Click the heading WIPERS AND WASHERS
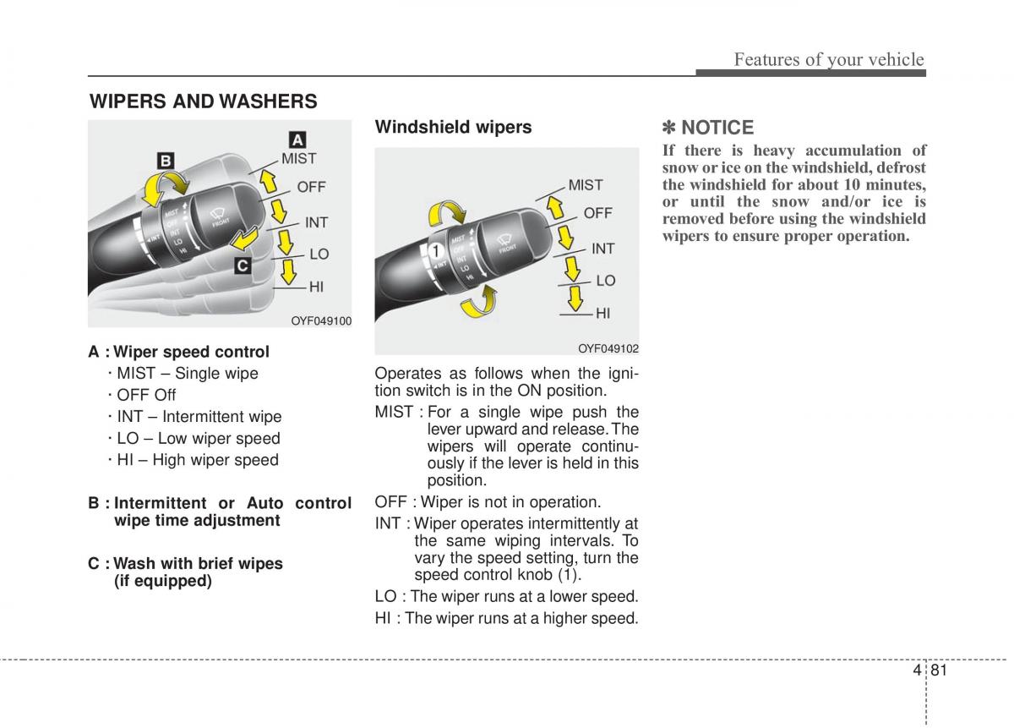click(x=204, y=101)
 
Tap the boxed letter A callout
click(x=298, y=140)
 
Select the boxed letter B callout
click(x=165, y=161)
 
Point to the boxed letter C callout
click(x=242, y=265)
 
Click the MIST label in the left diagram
click(x=298, y=158)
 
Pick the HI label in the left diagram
click(x=316, y=287)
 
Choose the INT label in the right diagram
click(x=602, y=249)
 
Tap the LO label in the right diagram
click(x=605, y=281)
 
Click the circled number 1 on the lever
click(x=436, y=251)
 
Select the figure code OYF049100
click(x=321, y=320)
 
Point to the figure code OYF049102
click(x=608, y=348)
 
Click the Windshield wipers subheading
click(x=453, y=127)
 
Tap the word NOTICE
click(x=717, y=128)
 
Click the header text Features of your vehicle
click(x=828, y=59)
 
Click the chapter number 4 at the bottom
click(x=918, y=671)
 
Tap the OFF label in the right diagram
click(x=597, y=213)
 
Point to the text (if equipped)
click(x=163, y=581)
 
